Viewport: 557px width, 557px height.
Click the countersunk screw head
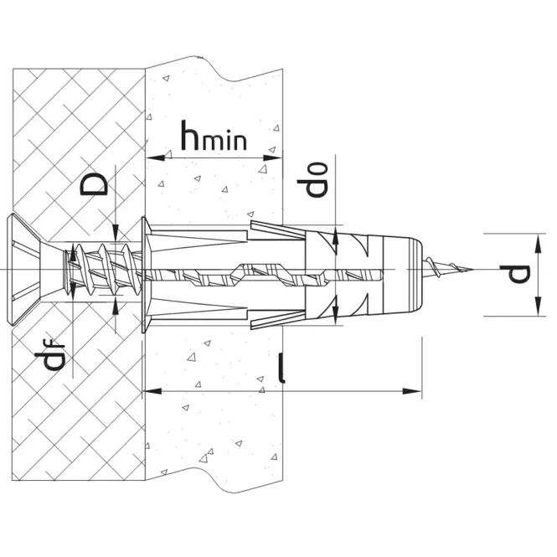pos(27,270)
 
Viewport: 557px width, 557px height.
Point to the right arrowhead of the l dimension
pos(414,390)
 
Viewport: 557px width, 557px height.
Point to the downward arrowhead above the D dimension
pos(116,228)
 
